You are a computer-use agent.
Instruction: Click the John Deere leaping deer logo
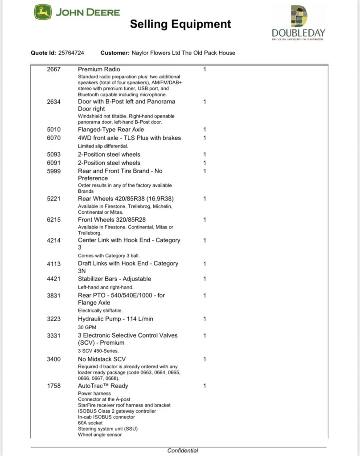click(x=43, y=12)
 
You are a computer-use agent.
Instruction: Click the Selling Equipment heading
click(x=180, y=24)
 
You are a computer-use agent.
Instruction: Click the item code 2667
click(x=53, y=69)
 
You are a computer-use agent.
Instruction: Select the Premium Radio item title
click(x=99, y=69)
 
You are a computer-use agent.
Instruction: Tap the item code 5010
click(x=53, y=130)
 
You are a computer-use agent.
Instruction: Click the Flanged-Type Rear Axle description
click(x=111, y=130)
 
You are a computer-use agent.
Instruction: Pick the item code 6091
click(x=53, y=163)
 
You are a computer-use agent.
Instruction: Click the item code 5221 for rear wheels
click(x=53, y=199)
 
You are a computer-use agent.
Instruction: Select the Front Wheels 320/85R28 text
click(x=112, y=220)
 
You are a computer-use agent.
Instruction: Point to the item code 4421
click(x=53, y=279)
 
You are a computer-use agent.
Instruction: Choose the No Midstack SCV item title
click(x=102, y=359)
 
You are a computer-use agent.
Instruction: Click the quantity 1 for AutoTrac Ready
click(x=205, y=386)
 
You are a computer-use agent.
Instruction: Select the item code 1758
click(x=53, y=386)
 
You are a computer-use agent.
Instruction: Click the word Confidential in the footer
click(x=183, y=451)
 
